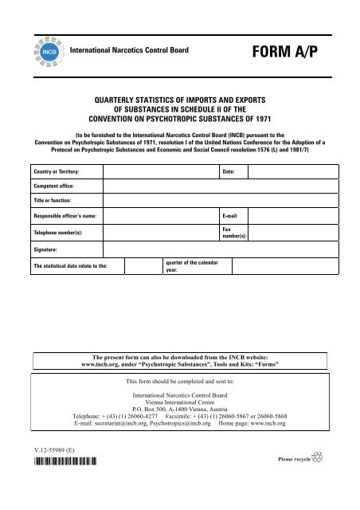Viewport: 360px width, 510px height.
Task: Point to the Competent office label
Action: pyautogui.click(x=53, y=184)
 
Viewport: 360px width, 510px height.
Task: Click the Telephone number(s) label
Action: pyautogui.click(x=58, y=232)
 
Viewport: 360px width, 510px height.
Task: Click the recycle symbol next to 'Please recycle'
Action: pyautogui.click(x=318, y=458)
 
